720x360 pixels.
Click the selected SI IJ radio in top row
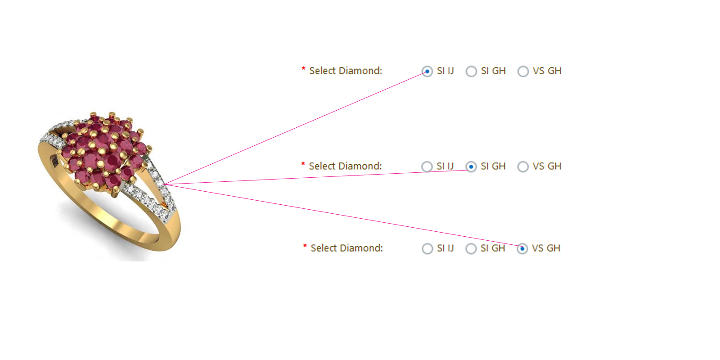tap(427, 72)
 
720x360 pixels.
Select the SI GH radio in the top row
tap(471, 72)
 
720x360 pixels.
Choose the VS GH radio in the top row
tap(523, 72)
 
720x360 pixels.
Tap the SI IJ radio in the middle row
tap(427, 166)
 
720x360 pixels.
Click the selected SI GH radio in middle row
tap(471, 166)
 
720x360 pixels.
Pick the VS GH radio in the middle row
tap(523, 166)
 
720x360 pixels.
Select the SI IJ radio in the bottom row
tap(427, 248)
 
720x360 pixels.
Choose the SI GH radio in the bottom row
tap(471, 248)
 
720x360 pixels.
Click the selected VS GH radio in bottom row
tap(522, 248)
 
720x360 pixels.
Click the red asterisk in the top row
tap(303, 68)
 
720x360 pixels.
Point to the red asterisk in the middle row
tap(303, 164)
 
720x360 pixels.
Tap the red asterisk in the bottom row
tap(305, 246)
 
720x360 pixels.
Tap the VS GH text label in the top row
tap(547, 71)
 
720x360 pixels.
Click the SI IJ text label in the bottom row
tap(445, 248)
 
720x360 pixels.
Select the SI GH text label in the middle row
tap(493, 166)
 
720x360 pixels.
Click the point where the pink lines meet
tap(165, 184)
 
